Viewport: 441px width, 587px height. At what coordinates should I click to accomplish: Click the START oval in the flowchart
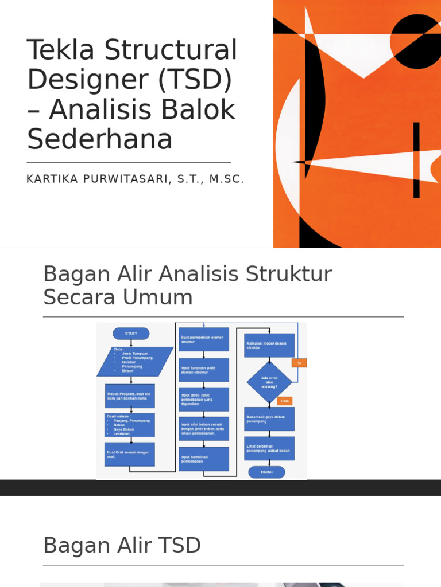pos(131,334)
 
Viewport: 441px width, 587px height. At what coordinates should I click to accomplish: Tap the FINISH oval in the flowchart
pos(266,472)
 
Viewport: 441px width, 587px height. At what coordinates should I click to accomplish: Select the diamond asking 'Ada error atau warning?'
pos(269,382)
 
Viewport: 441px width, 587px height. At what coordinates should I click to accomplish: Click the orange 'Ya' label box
pos(299,363)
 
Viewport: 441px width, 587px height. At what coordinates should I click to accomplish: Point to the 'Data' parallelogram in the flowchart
pos(134,362)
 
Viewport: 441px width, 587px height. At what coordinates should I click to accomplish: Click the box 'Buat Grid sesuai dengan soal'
pos(130,454)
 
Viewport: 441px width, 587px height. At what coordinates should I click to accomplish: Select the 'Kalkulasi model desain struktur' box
pos(269,345)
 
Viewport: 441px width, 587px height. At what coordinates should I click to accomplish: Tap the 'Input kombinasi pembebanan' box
pos(203,459)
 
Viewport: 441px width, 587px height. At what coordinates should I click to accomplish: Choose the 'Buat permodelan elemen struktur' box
pos(203,339)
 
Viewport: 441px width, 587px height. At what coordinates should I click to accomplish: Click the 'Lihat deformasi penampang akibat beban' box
pos(269,448)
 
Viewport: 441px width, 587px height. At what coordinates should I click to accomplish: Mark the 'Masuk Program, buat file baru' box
pos(130,396)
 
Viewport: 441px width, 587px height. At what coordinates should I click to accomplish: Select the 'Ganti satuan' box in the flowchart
pos(130,425)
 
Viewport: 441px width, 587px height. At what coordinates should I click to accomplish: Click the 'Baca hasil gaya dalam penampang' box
pos(269,419)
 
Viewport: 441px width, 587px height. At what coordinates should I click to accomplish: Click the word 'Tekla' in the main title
pos(56,51)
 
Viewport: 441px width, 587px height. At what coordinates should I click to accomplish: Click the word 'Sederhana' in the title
pos(100,139)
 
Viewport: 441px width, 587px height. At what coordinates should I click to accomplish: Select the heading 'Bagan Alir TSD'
pos(122,545)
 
